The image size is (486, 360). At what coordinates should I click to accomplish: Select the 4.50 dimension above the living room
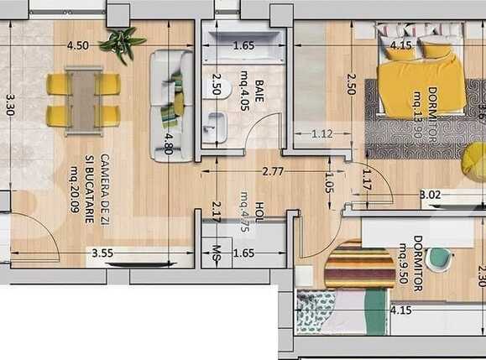[x=79, y=45]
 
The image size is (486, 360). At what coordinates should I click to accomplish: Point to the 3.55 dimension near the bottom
[x=102, y=252]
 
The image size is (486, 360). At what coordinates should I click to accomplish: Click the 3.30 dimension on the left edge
[x=10, y=105]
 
